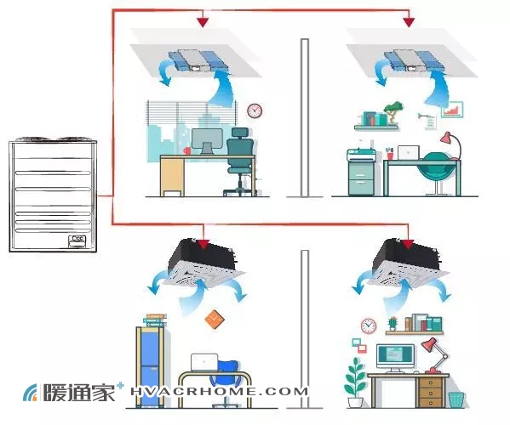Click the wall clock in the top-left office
tap(255, 110)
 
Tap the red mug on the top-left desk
tap(187, 151)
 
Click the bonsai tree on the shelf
tap(393, 112)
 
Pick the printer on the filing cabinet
tap(361, 154)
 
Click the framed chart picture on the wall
tap(452, 109)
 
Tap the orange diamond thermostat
tap(215, 319)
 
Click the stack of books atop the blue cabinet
tap(155, 320)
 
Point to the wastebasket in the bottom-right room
tap(456, 400)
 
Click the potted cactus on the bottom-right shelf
tap(393, 324)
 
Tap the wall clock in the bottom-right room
tap(369, 326)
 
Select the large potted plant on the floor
tap(355, 382)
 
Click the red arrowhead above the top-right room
tap(409, 22)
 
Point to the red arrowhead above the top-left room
tap(203, 22)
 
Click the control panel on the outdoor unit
tap(77, 241)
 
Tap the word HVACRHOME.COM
tap(219, 391)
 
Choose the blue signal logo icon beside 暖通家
tap(31, 392)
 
